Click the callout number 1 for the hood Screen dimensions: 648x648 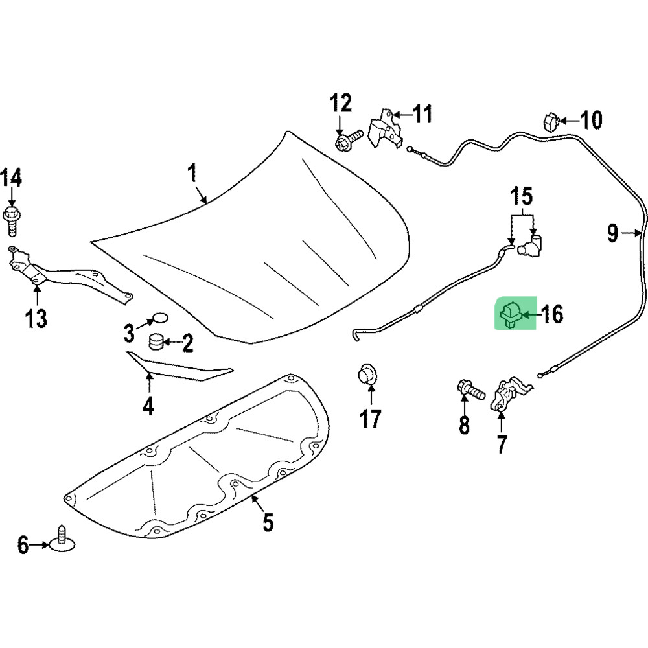pos(192,173)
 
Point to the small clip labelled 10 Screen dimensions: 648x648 pos(550,121)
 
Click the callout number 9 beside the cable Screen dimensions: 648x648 pos(613,233)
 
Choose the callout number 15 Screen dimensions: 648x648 pos(522,196)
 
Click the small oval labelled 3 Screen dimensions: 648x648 pos(159,318)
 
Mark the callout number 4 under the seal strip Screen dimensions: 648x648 pos(148,406)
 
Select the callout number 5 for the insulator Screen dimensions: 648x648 pos(268,522)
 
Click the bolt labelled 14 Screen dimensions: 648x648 pos(12,219)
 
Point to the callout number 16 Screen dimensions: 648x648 pos(552,315)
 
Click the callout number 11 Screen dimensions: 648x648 pos(422,115)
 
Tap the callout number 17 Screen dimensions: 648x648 pos(371,419)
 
